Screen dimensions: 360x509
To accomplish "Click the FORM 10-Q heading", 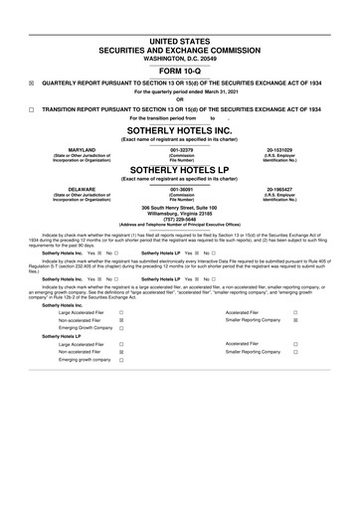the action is tap(180, 70).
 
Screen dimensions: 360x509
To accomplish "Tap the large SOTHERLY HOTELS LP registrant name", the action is tap(180, 170).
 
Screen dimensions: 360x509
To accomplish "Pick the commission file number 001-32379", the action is tap(180, 149).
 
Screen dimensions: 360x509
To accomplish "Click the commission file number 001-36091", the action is tap(180, 188).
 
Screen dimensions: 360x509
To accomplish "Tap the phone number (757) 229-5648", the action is tap(180, 223).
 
